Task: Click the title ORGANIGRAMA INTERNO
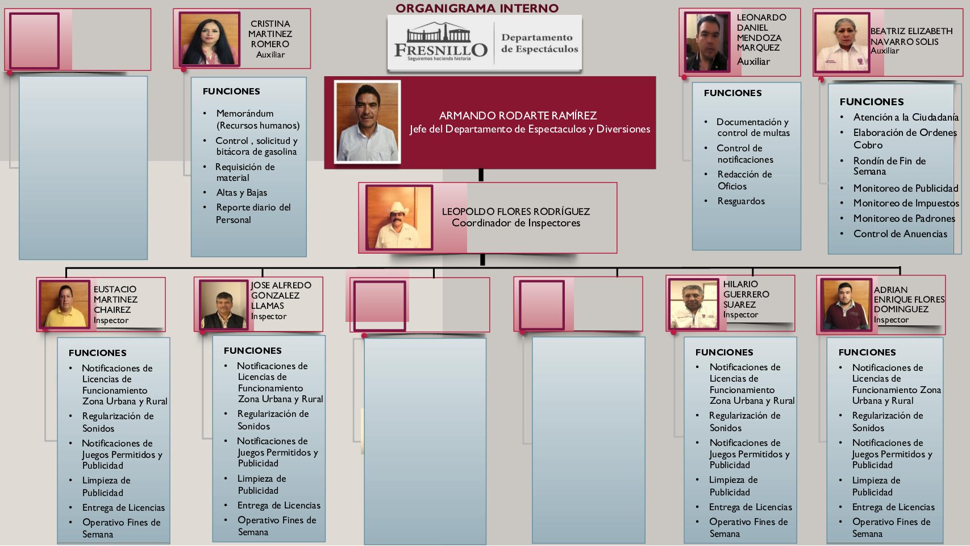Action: (477, 8)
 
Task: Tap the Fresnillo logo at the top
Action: (440, 43)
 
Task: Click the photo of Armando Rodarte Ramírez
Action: (367, 122)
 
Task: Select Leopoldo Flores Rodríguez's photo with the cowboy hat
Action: (398, 217)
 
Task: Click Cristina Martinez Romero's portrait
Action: (209, 39)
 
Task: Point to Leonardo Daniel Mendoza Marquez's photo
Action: (707, 43)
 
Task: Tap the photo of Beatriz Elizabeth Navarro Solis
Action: (842, 43)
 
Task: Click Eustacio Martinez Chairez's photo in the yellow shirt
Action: (64, 305)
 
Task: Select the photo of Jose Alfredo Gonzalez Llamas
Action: (223, 305)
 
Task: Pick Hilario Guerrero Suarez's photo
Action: (693, 305)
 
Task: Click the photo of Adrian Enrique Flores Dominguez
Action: (844, 305)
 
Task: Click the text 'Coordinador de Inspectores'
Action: (516, 223)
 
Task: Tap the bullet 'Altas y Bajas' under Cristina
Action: (242, 193)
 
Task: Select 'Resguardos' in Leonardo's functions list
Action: (741, 201)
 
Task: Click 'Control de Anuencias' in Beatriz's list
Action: (900, 234)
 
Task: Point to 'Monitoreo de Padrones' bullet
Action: (904, 218)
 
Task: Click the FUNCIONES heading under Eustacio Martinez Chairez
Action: (98, 353)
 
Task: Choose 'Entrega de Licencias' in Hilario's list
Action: (750, 507)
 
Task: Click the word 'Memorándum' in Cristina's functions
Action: (245, 114)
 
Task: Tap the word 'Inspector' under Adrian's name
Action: (891, 320)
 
